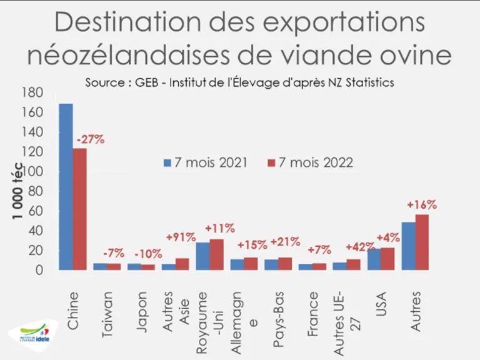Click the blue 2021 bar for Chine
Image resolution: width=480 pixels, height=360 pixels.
click(66, 187)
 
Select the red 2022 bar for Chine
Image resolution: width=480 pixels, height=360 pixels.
click(79, 209)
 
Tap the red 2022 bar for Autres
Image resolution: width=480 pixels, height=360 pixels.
click(422, 242)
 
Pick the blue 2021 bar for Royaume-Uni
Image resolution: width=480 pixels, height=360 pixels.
click(202, 256)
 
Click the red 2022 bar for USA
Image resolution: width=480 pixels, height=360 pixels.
click(387, 259)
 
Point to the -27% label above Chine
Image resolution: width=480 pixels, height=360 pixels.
click(91, 140)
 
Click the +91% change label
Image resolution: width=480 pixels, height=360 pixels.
click(181, 237)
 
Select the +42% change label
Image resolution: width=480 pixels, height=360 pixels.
click(360, 247)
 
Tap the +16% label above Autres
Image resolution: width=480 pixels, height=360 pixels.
click(422, 205)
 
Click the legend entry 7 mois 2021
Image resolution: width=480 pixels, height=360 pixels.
click(206, 162)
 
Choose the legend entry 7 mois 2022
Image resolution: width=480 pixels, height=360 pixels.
click(310, 162)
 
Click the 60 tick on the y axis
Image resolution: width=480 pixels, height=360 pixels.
click(36, 211)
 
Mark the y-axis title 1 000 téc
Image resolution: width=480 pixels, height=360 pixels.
click(17, 191)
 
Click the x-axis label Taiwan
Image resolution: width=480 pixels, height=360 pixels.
click(107, 314)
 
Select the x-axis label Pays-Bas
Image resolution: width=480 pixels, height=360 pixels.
click(278, 319)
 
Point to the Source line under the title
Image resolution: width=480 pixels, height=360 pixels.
click(240, 82)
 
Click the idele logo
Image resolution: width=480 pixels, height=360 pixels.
click(34, 335)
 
